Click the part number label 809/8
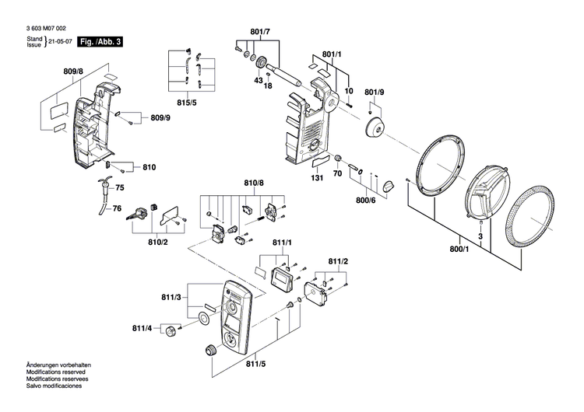point(73,72)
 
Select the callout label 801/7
point(260,32)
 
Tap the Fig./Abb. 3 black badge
point(102,40)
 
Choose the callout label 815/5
point(186,103)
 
